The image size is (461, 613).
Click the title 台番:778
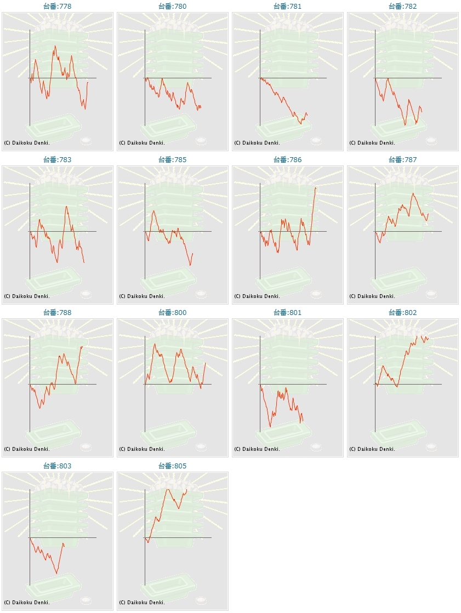pyautogui.click(x=58, y=7)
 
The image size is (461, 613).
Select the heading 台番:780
pyautogui.click(x=173, y=7)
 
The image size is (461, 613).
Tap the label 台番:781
pyautogui.click(x=288, y=7)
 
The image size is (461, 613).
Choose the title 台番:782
pyautogui.click(x=403, y=7)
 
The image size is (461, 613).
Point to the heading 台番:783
pyautogui.click(x=58, y=160)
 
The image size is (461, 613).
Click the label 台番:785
pyautogui.click(x=173, y=160)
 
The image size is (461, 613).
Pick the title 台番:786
pyautogui.click(x=288, y=160)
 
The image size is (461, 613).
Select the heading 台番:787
pyautogui.click(x=403, y=160)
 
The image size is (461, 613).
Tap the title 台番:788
pyautogui.click(x=58, y=313)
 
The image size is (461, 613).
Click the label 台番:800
pyautogui.click(x=173, y=313)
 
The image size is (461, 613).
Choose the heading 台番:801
pyautogui.click(x=288, y=313)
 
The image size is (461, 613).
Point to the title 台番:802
pyautogui.click(x=403, y=313)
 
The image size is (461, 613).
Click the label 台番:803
pyautogui.click(x=58, y=466)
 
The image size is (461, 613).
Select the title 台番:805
pyautogui.click(x=173, y=466)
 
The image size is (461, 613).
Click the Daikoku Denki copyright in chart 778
pyautogui.click(x=27, y=143)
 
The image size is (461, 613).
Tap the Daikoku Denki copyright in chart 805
pyautogui.click(x=142, y=603)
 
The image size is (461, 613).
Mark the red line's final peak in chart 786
pyautogui.click(x=316, y=188)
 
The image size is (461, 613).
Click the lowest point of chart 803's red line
pyautogui.click(x=56, y=574)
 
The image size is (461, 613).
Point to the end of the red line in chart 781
pyautogui.click(x=307, y=114)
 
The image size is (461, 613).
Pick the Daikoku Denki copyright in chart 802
pyautogui.click(x=372, y=449)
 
